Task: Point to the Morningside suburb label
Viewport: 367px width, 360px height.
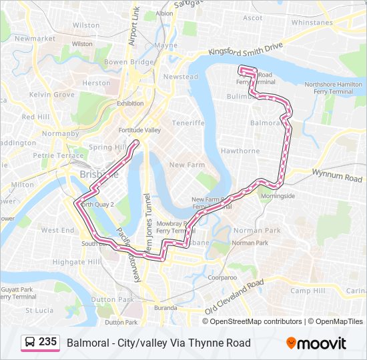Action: tap(278, 197)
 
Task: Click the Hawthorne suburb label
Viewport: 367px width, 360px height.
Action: tap(240, 151)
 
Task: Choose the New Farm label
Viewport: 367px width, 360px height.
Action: tap(187, 165)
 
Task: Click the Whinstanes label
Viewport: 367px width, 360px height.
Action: tap(312, 22)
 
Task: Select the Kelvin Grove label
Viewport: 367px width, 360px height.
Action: tap(56, 95)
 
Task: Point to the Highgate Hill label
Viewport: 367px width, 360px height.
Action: tap(75, 262)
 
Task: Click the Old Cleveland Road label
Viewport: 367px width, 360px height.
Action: tap(234, 298)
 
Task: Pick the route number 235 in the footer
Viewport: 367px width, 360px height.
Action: tap(47, 342)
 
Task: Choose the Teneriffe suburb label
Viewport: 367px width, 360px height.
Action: tap(188, 123)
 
